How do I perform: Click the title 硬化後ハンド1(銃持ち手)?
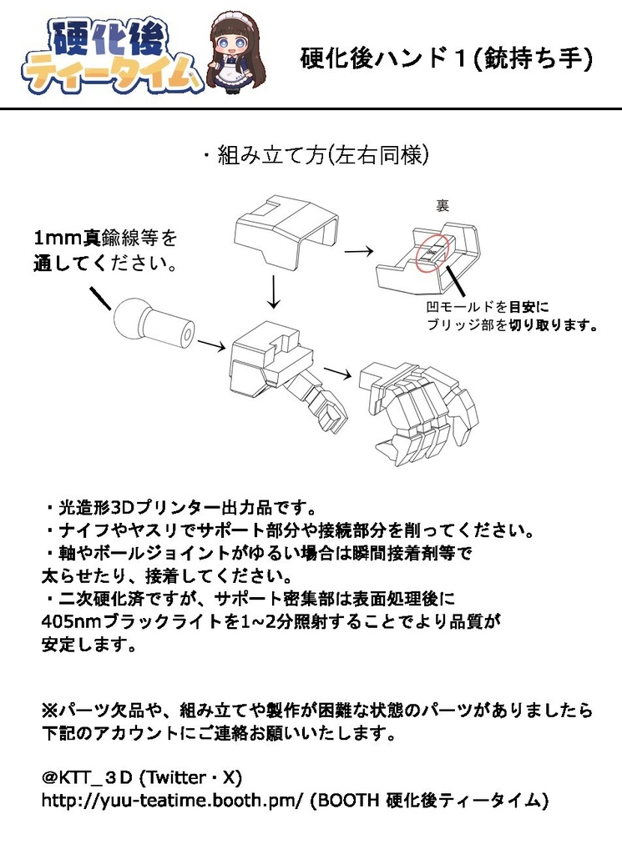point(446,58)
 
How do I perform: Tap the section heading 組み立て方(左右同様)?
point(315,155)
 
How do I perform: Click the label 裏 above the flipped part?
point(442,205)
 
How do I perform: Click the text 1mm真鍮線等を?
point(105,239)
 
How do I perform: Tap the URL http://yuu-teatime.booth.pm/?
point(172,800)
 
